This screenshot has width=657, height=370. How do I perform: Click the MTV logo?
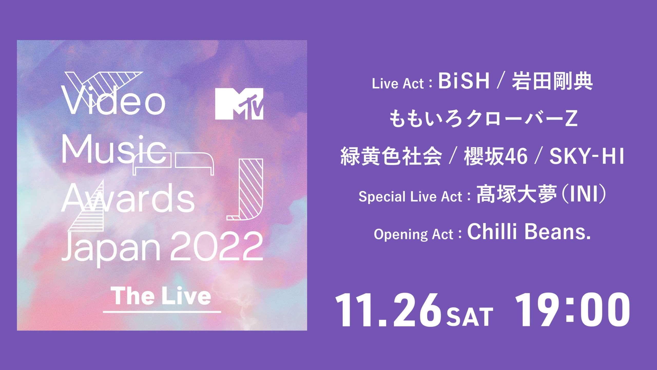pyautogui.click(x=239, y=104)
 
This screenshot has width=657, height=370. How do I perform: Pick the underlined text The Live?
pyautogui.click(x=162, y=296)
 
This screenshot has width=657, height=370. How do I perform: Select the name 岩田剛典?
pyautogui.click(x=552, y=81)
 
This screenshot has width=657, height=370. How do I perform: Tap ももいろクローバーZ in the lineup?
pyautogui.click(x=483, y=118)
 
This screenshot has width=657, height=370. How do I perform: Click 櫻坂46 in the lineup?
pyautogui.click(x=496, y=156)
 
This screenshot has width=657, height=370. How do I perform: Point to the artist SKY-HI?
pyautogui.click(x=586, y=156)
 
